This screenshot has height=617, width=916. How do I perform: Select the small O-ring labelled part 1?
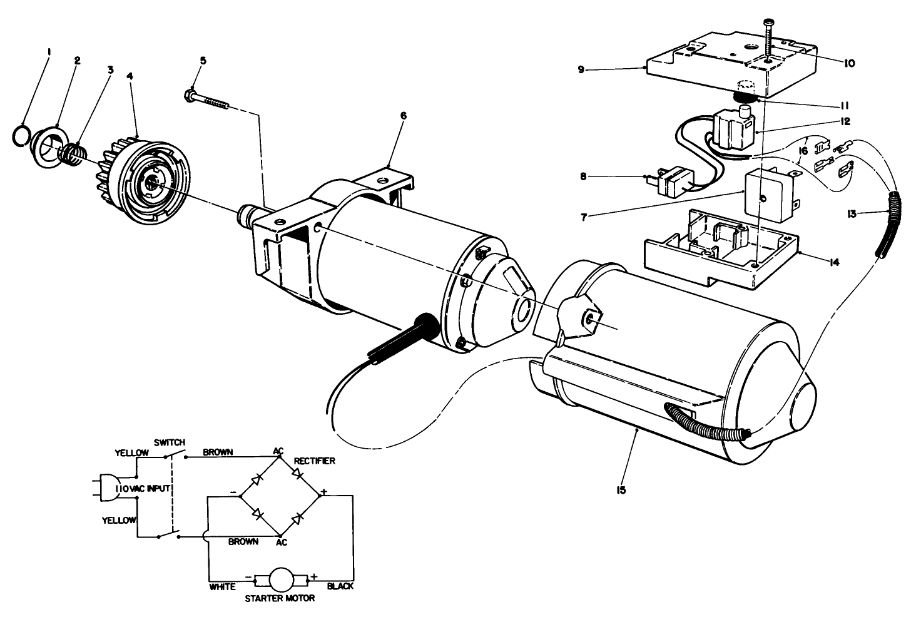pos(22,134)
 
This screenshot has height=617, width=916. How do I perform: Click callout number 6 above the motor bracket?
pos(404,116)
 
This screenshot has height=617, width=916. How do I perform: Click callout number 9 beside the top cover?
pos(581,69)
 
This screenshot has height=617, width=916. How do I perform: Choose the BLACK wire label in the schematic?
pos(340,586)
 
